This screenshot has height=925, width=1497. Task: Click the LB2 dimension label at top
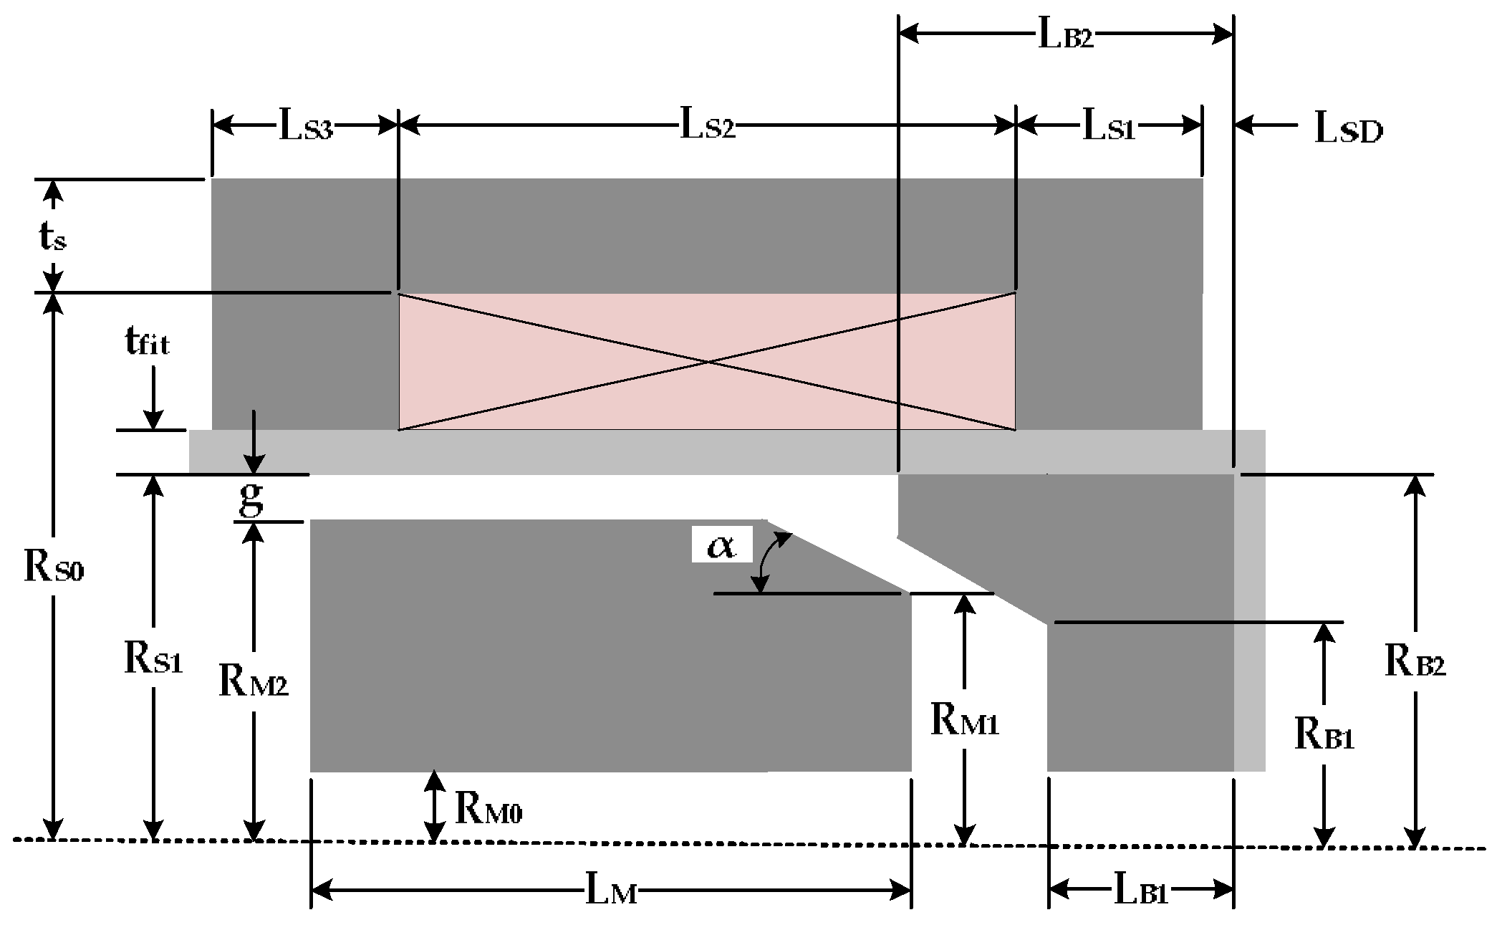tap(1066, 37)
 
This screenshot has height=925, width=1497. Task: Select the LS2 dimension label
tap(707, 127)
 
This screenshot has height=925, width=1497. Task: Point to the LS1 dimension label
tap(1108, 127)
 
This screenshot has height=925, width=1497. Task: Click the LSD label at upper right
tap(1348, 130)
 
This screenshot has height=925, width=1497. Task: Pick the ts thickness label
tap(52, 237)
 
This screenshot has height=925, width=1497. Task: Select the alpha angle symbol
tap(721, 547)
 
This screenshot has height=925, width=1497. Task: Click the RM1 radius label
tap(964, 721)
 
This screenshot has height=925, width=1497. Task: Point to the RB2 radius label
tap(1415, 663)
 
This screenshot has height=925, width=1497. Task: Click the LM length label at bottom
tap(611, 893)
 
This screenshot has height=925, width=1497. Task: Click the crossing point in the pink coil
tap(708, 362)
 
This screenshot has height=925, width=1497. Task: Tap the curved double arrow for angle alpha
tap(770, 562)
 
